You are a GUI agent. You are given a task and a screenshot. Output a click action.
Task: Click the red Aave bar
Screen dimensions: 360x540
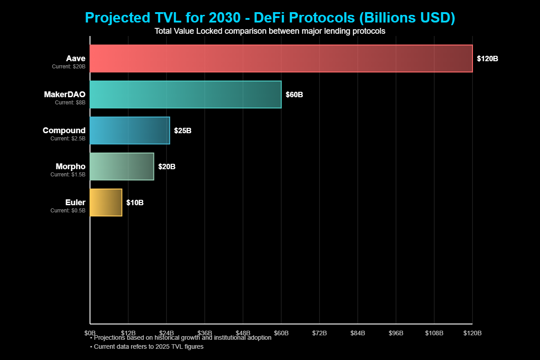tap(281, 58)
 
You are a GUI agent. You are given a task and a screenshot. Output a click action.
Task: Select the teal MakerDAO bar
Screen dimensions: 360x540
tap(185, 94)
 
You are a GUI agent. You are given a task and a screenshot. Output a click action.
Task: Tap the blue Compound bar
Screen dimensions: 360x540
tap(130, 130)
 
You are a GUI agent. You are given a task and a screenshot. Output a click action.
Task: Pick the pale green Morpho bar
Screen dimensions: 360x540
tap(122, 166)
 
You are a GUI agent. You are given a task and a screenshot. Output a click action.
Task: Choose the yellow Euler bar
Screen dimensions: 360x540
tap(106, 202)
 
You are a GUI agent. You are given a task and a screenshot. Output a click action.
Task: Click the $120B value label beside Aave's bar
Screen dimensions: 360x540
tap(487, 58)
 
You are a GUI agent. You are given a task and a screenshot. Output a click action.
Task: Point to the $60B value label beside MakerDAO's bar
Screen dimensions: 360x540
tap(294, 94)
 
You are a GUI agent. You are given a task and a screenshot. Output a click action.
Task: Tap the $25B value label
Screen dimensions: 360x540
tap(183, 130)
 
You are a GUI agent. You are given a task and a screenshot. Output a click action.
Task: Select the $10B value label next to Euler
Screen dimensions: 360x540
tap(135, 202)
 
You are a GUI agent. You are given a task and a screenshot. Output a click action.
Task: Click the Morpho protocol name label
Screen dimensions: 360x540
tap(70, 166)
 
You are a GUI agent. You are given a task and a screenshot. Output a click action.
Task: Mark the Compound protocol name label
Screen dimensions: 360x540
tap(64, 130)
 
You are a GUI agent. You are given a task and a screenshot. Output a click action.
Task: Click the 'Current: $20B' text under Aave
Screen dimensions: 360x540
tap(68, 66)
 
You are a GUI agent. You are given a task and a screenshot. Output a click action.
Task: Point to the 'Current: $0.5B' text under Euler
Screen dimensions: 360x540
tap(67, 210)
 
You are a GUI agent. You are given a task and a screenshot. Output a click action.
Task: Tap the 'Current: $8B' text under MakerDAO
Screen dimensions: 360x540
tap(70, 102)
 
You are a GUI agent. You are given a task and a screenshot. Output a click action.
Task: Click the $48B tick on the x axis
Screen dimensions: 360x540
tap(243, 333)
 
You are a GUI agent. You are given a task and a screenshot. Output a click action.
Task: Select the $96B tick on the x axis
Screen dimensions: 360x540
tap(396, 333)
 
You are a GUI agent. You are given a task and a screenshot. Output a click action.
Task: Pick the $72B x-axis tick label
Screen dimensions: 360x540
tap(319, 333)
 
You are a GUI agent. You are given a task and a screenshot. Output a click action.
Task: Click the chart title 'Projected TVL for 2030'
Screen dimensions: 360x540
tap(270, 18)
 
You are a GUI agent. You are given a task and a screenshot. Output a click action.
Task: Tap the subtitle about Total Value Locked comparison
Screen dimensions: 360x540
tap(270, 31)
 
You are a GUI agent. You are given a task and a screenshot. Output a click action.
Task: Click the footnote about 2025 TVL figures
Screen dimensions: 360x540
tap(147, 346)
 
